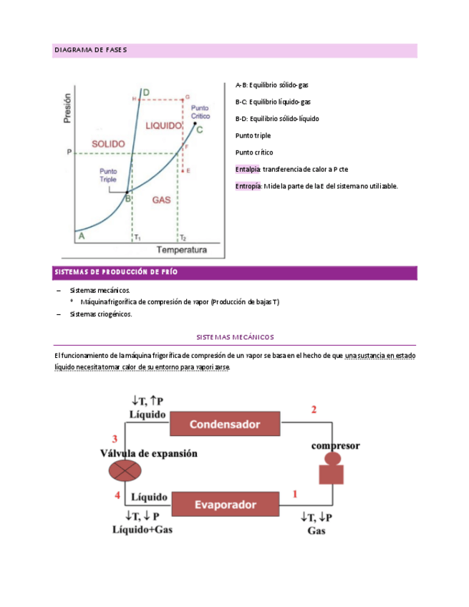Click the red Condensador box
coord(224,424)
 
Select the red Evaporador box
coord(224,505)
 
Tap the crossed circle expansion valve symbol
coord(125,470)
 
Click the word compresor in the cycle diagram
coord(335,445)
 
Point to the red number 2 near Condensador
coord(313,409)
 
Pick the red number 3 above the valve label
coord(115,439)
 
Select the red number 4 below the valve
coord(117,495)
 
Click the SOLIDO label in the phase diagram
coord(109,143)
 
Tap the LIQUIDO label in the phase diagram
coord(164,125)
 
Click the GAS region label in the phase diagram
coord(161,200)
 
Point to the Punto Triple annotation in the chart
coord(109,175)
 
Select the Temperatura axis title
coord(182,250)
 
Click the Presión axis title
coord(68,107)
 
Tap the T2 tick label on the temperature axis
coord(183,237)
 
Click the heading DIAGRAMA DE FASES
coord(91,50)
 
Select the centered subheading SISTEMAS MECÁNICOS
coord(235,336)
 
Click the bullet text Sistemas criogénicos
coord(101,314)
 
